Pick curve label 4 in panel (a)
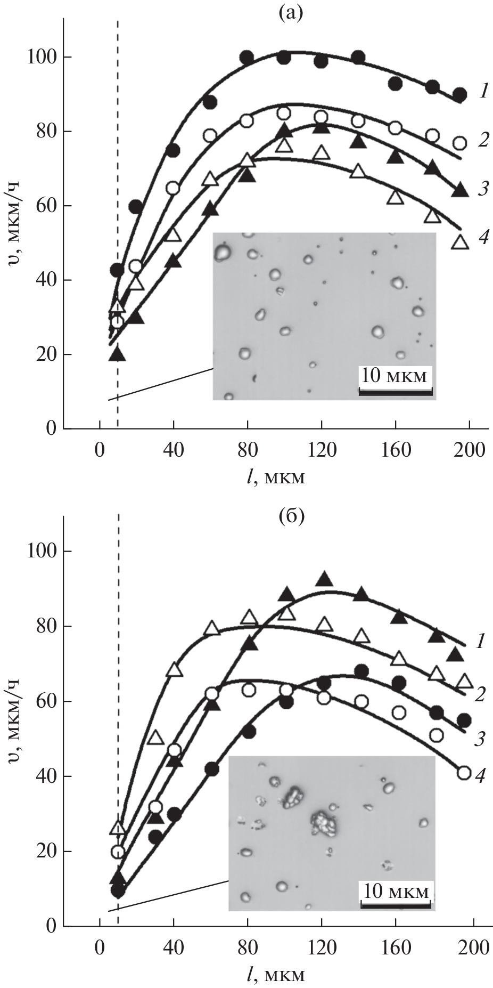[x=483, y=238]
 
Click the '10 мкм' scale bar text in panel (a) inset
[x=395, y=376]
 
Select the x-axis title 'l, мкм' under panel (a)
[x=275, y=476]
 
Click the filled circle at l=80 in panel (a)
[x=246, y=57]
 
